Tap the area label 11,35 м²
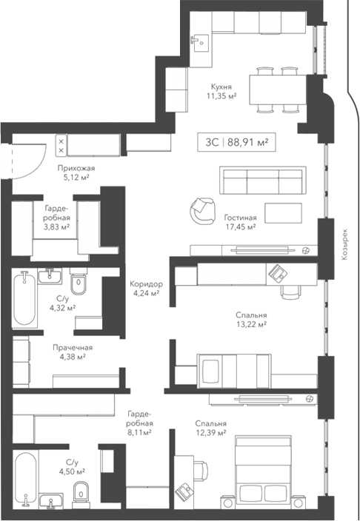[x=222, y=95]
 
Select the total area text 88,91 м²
[x=248, y=140]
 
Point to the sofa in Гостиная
[x=261, y=181]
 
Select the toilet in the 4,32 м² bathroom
[x=79, y=285]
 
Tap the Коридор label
[x=146, y=283]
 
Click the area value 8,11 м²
[x=139, y=431]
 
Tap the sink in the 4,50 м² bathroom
[x=52, y=502]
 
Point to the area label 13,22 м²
[x=252, y=325]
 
